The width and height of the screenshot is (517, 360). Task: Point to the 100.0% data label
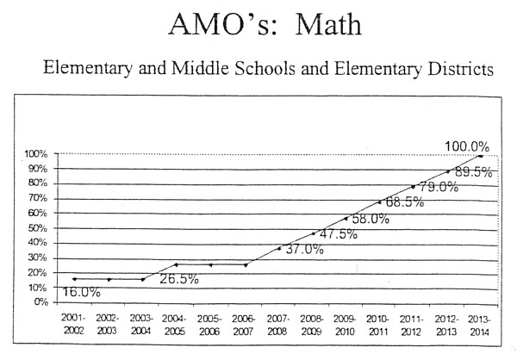point(467,146)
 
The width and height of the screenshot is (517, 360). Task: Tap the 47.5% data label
point(339,234)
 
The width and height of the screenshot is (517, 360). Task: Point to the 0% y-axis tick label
point(40,302)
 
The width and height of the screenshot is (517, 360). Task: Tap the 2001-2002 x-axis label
point(74,325)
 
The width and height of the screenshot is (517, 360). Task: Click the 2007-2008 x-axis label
point(278,325)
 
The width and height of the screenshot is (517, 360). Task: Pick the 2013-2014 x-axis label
point(481,325)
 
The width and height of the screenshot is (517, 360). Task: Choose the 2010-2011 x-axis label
point(379,325)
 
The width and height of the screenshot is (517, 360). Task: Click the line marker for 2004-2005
point(177,264)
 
